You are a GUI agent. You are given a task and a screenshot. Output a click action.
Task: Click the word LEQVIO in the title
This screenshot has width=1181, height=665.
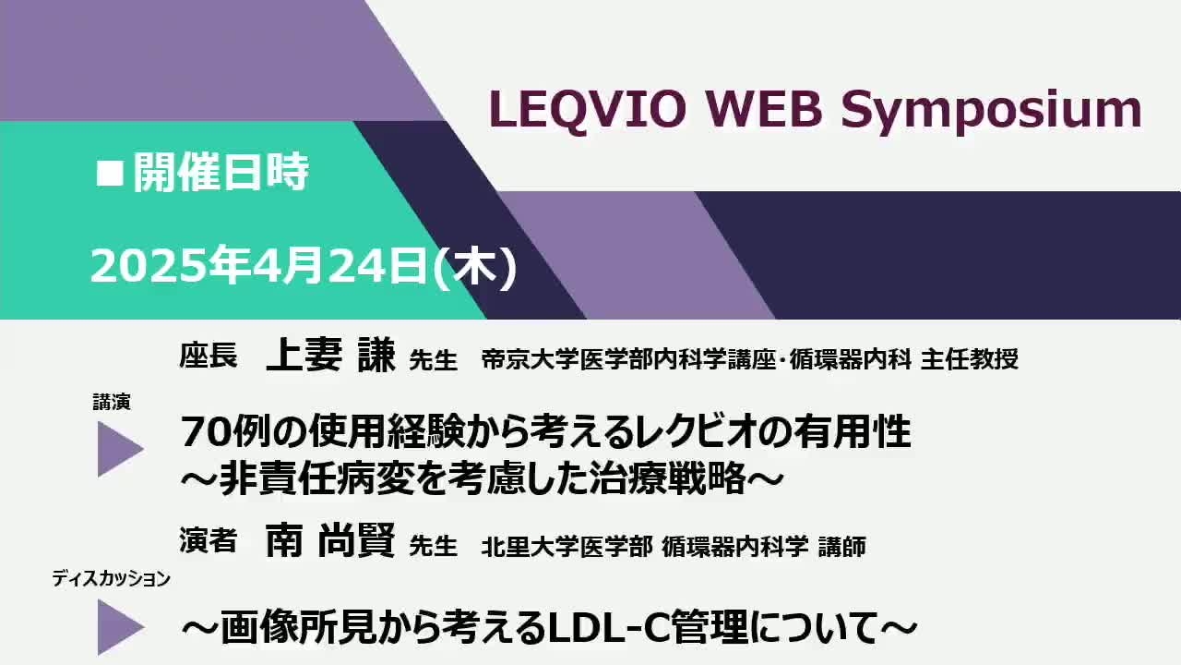coord(588,110)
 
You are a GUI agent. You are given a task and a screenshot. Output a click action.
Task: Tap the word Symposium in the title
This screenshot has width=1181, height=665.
coord(991,112)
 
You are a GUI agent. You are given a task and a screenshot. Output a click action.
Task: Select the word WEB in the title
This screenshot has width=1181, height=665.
coord(764,110)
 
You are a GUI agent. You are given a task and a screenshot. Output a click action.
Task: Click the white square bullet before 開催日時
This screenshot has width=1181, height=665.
coord(110,174)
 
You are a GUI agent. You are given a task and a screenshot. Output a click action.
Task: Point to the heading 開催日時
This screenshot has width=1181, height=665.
coord(221,172)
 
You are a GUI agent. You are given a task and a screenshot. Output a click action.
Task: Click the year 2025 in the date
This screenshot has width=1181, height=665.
coord(149,267)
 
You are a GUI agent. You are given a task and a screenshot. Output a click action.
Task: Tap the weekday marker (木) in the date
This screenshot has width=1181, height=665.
coord(474,267)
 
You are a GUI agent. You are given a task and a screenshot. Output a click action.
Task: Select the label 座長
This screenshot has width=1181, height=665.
coord(209,356)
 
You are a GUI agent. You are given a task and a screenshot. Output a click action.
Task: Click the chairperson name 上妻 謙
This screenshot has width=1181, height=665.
coord(330,355)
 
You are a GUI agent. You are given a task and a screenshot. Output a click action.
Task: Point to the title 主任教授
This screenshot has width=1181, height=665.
coord(969,359)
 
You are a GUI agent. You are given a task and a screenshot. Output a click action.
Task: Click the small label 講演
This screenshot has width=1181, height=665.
coord(112,402)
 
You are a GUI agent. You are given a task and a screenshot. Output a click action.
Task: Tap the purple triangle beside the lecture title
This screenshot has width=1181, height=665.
coord(120,449)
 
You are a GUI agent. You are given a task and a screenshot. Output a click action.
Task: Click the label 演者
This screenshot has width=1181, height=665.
coord(209,540)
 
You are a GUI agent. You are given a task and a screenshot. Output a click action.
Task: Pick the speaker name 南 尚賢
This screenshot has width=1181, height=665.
coord(330,540)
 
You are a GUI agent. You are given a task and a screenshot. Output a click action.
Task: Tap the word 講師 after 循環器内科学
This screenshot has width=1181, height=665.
coord(842,547)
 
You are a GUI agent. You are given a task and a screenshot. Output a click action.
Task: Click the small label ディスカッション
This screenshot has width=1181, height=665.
coord(112,579)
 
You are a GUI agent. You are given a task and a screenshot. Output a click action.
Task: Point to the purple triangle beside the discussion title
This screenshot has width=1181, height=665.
coord(120,627)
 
